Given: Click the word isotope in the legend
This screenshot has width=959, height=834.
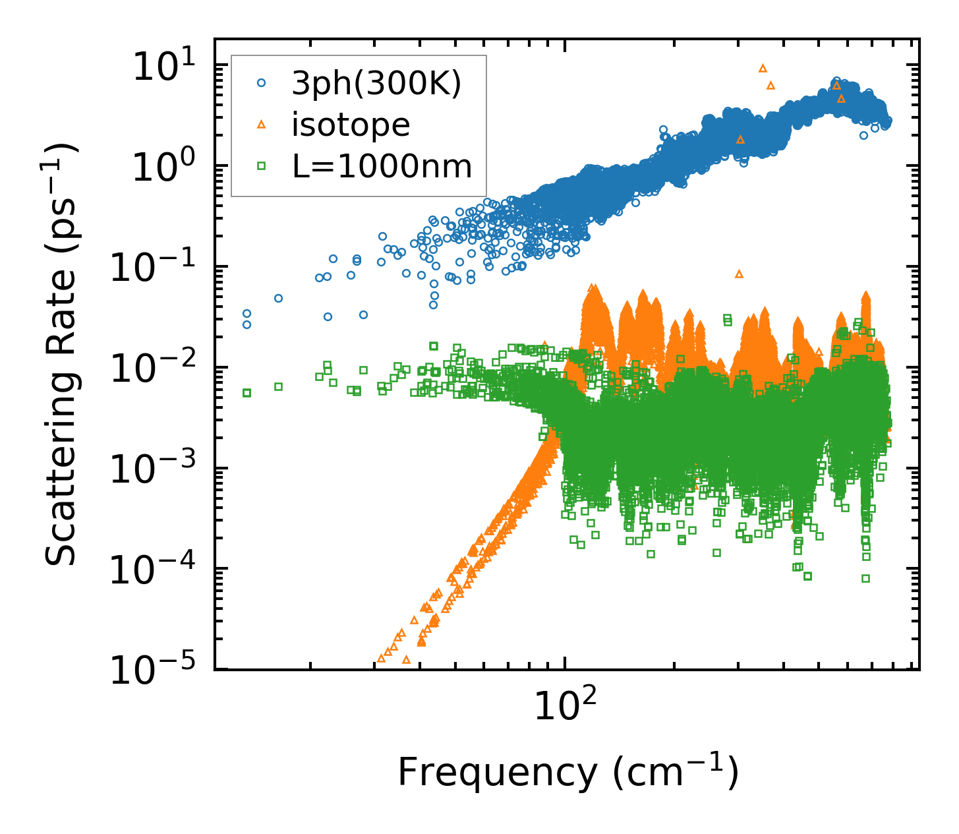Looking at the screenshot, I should click(351, 125).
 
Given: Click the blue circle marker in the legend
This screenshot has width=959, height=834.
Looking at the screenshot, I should click(262, 83).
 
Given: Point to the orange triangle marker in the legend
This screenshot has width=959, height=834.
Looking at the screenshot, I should click(262, 124).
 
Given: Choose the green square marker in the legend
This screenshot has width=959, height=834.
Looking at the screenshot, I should click(262, 166).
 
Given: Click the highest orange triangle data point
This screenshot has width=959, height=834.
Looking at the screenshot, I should click(763, 68).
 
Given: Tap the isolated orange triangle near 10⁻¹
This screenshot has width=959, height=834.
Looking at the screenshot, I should click(739, 274).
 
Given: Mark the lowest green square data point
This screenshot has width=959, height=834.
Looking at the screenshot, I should click(865, 578).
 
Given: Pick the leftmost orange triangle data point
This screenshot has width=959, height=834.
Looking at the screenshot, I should click(380, 658).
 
